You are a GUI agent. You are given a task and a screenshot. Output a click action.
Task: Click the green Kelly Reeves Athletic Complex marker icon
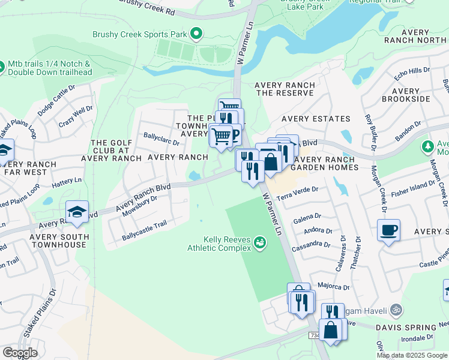pyautogui.click(x=259, y=242)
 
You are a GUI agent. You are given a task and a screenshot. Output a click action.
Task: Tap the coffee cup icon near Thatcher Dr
pyautogui.click(x=388, y=230)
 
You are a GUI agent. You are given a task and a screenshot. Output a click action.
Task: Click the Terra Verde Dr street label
pyautogui.click(x=297, y=191)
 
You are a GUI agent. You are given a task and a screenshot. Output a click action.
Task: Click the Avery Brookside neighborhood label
pyautogui.click(x=406, y=94)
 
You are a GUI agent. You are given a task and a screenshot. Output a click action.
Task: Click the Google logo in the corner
pyautogui.click(x=20, y=353)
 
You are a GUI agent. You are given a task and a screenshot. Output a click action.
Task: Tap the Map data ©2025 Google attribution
pyautogui.click(x=412, y=355)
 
